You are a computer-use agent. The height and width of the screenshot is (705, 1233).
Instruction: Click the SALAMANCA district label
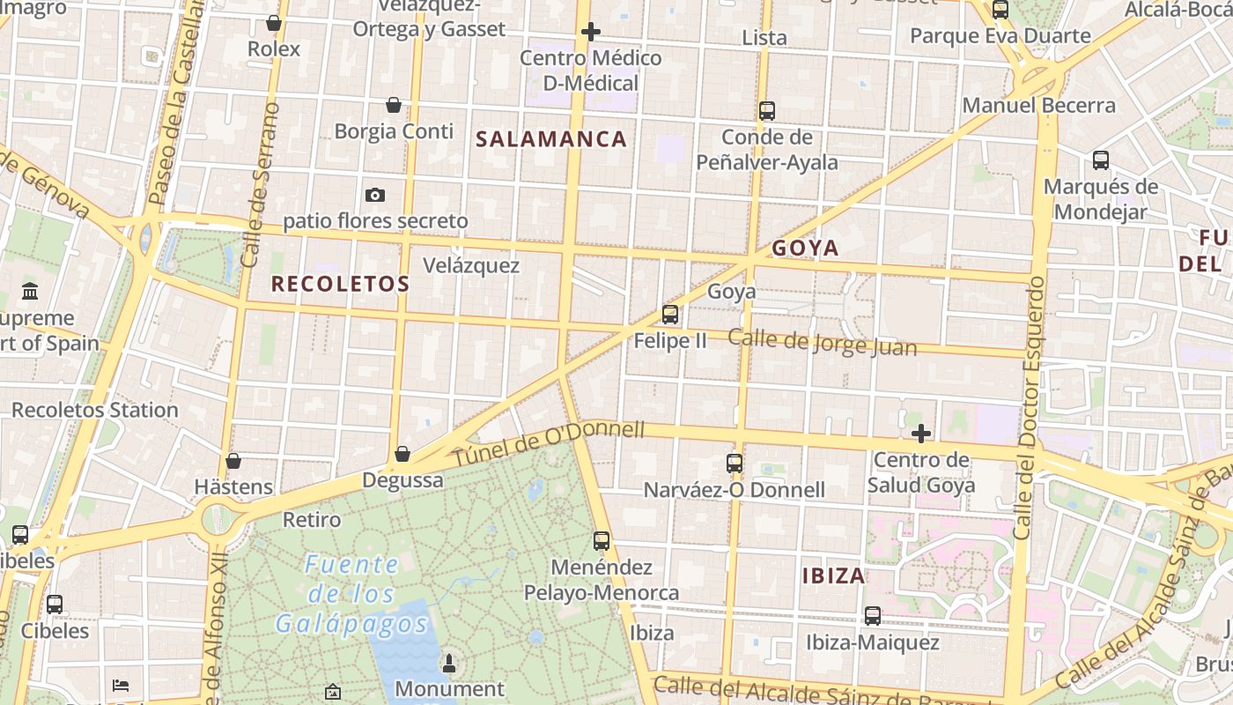pyautogui.click(x=551, y=139)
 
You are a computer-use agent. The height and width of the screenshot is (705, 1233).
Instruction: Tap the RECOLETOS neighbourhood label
pyautogui.click(x=340, y=284)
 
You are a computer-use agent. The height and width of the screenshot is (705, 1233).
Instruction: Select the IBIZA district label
pyautogui.click(x=834, y=576)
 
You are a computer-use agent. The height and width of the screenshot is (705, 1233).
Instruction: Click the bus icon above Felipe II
pyautogui.click(x=670, y=315)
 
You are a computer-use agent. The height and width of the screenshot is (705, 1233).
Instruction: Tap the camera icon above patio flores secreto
pyautogui.click(x=375, y=195)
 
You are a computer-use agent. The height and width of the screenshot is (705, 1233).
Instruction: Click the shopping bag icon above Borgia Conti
pyautogui.click(x=394, y=106)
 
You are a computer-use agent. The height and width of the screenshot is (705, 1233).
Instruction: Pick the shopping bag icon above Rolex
pyautogui.click(x=274, y=23)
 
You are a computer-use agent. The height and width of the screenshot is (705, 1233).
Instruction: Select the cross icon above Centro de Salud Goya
pyautogui.click(x=921, y=434)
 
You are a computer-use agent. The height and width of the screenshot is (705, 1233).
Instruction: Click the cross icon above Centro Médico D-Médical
pyautogui.click(x=591, y=33)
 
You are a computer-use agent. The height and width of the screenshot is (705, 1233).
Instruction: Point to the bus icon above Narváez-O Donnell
pyautogui.click(x=735, y=463)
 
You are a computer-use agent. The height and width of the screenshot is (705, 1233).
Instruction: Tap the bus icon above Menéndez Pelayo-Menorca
pyautogui.click(x=602, y=541)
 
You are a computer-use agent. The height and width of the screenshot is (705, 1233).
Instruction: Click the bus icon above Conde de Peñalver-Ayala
pyautogui.click(x=767, y=111)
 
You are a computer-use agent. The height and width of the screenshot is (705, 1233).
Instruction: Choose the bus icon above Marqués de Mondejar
pyautogui.click(x=1101, y=160)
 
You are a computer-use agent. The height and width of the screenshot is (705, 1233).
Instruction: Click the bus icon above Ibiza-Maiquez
pyautogui.click(x=873, y=616)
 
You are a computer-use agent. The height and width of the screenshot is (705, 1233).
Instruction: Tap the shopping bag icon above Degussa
pyautogui.click(x=402, y=454)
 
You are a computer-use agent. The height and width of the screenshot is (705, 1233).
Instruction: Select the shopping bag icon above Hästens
pyautogui.click(x=233, y=461)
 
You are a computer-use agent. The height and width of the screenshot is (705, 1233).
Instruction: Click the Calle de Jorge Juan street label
pyautogui.click(x=823, y=342)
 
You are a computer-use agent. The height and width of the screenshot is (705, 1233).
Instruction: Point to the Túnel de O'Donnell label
pyautogui.click(x=549, y=445)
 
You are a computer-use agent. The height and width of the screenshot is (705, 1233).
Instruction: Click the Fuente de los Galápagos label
pyautogui.click(x=352, y=594)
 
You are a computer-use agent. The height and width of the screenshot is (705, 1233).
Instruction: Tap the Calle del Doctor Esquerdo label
pyautogui.click(x=1029, y=407)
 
